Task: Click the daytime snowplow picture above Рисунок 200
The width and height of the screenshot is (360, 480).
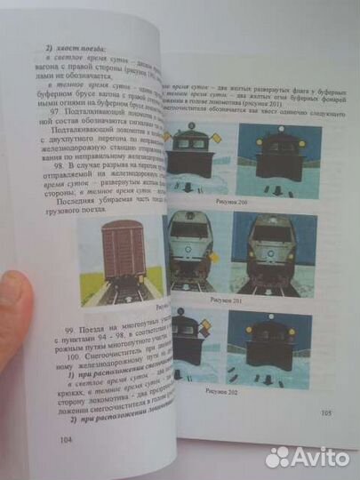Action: tap(197, 159)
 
